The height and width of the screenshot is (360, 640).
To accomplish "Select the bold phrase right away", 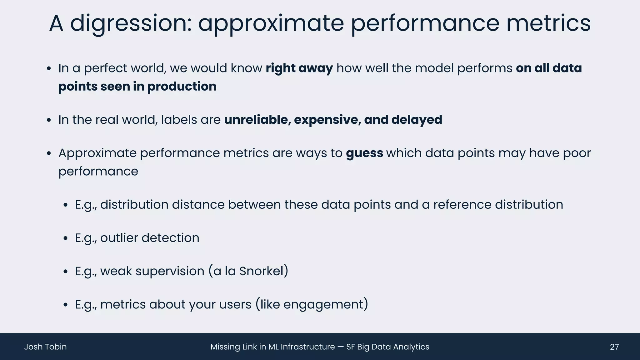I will click(x=299, y=68).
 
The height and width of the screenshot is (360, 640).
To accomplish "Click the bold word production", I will click(x=182, y=87).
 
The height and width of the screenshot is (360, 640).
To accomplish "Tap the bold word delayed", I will click(x=417, y=120).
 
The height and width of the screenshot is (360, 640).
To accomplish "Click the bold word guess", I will click(x=364, y=153).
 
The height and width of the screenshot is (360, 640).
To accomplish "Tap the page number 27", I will click(x=614, y=347).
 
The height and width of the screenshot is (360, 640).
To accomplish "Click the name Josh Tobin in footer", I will click(x=46, y=347).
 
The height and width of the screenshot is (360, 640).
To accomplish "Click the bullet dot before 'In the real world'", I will click(x=48, y=120).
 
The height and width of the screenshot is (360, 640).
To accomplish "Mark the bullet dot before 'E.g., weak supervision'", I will click(x=65, y=272).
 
